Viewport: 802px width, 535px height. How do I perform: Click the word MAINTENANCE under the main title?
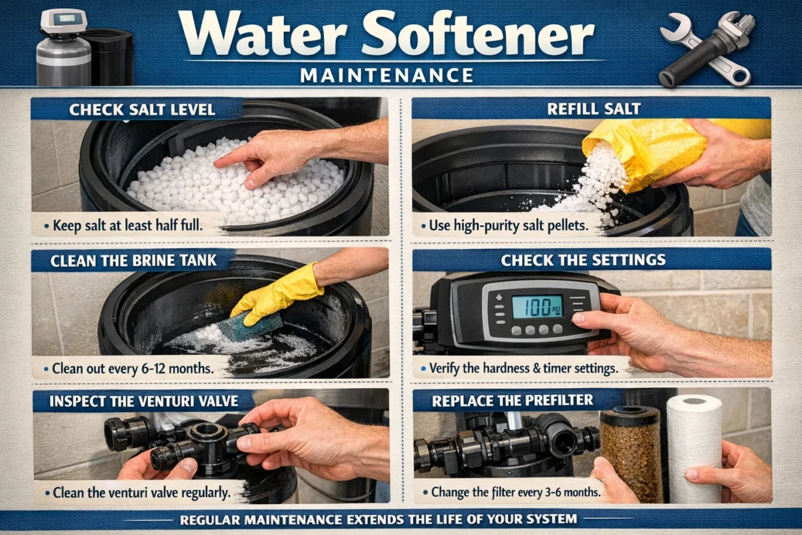coord(387,75)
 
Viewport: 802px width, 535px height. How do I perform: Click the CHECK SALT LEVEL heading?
coord(142,110)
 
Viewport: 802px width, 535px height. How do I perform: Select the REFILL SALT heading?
coord(594,109)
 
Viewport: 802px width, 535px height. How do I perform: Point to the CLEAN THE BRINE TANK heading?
coord(134,260)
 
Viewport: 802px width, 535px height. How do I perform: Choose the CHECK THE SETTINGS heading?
coord(583,260)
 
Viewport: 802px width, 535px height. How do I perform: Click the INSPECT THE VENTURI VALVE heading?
coord(144,400)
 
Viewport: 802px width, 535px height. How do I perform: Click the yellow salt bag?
coord(642,148)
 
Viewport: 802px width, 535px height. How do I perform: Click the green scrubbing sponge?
coord(250,326)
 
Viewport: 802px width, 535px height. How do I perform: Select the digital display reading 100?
coord(537,307)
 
